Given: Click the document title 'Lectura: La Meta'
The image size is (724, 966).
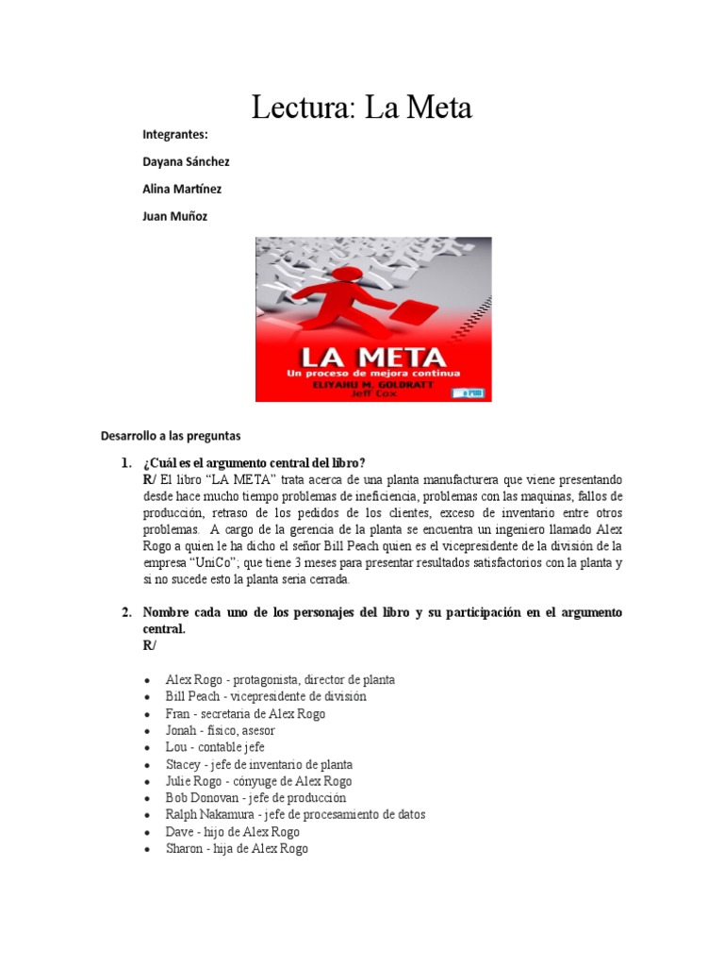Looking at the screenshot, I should pyautogui.click(x=361, y=108).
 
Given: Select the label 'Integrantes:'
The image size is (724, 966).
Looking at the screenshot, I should pyautogui.click(x=174, y=134).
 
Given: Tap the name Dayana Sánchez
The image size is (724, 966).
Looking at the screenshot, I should pyautogui.click(x=186, y=161).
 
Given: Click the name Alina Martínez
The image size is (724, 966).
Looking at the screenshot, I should pyautogui.click(x=182, y=189).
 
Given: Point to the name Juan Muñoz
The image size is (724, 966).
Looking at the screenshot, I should pyautogui.click(x=174, y=216).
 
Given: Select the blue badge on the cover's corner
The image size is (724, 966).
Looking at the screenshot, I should pyautogui.click(x=471, y=391).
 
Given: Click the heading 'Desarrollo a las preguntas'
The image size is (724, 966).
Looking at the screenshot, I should pyautogui.click(x=171, y=436).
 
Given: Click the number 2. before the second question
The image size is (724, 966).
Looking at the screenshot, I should pyautogui.click(x=126, y=612).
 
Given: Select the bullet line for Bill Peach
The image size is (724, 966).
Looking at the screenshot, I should pyautogui.click(x=266, y=696).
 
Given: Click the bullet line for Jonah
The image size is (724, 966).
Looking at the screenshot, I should pyautogui.click(x=220, y=730).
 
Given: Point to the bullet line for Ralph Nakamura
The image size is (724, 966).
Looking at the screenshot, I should pyautogui.click(x=295, y=814).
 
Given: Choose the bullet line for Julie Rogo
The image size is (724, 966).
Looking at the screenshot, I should pyautogui.click(x=258, y=781).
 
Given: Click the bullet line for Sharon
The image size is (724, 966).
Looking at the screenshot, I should pyautogui.click(x=237, y=849).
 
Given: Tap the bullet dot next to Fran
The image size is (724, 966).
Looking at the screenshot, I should pyautogui.click(x=149, y=714).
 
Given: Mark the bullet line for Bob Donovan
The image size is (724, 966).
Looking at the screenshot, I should pyautogui.click(x=262, y=798).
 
